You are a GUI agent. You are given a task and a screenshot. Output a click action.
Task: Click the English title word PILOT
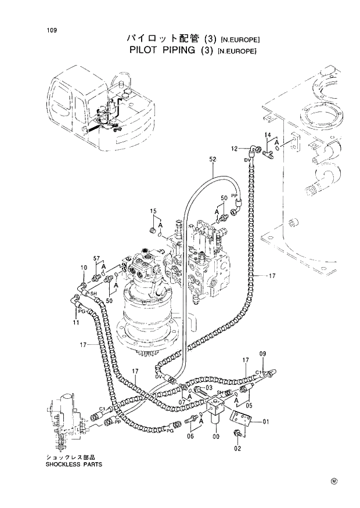pyautogui.click(x=146, y=51)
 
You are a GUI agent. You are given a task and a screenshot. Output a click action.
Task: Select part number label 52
pyautogui.click(x=213, y=159)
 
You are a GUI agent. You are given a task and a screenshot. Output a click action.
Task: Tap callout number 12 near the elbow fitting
pyautogui.click(x=235, y=149)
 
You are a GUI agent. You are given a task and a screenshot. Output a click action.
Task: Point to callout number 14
pyautogui.click(x=268, y=135)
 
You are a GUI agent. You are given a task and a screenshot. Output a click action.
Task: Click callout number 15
pyautogui.click(x=153, y=210)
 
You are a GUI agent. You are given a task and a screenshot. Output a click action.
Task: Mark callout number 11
pyautogui.click(x=76, y=322)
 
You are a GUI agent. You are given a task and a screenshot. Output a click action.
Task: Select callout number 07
pyautogui.click(x=182, y=401)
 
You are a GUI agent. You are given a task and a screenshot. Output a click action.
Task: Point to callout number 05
pyautogui.click(x=249, y=406)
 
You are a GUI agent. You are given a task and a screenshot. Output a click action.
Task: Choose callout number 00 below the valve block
pyautogui.click(x=217, y=437)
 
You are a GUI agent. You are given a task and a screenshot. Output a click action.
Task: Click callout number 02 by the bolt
pyautogui.click(x=237, y=448)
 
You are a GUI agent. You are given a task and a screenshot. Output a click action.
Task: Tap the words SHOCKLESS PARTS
pyautogui.click(x=74, y=464)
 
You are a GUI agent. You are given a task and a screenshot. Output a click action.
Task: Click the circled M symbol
pyautogui.click(x=334, y=481)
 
